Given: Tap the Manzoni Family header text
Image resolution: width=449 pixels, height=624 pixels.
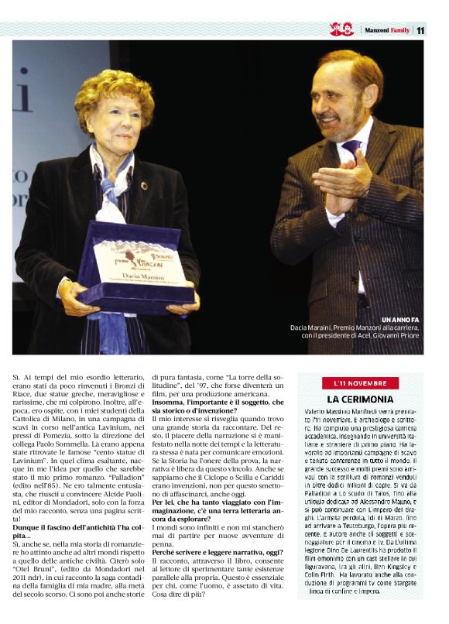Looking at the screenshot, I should [x=386, y=30].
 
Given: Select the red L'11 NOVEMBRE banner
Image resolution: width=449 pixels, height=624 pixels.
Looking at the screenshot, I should [x=360, y=383].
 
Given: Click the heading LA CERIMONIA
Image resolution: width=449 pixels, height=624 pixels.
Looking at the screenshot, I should [x=360, y=399].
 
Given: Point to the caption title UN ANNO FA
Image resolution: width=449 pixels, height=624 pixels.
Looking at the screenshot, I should [x=401, y=320].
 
